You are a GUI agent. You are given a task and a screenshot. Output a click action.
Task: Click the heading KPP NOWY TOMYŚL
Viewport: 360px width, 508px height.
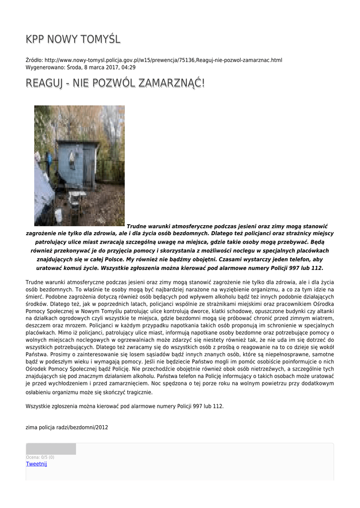pos(73,39)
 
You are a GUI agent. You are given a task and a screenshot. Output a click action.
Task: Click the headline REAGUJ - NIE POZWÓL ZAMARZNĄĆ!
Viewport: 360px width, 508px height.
pos(115,83)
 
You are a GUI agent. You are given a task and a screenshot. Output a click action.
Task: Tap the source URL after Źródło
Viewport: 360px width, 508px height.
pos(163,60)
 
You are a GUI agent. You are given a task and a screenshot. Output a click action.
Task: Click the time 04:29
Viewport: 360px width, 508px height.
pos(128,67)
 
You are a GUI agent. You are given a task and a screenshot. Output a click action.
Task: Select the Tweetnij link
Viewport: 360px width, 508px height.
pos(36,464)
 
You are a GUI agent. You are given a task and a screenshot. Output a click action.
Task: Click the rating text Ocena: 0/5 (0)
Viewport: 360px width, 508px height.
pos(40,457)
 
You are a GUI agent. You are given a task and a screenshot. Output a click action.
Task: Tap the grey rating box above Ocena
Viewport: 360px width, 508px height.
pos(51,449)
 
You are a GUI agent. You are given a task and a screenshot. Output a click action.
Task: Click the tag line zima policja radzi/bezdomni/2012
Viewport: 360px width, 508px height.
pos(67,427)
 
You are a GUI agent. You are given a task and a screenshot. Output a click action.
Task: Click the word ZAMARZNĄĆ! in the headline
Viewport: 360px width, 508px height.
pos(170,83)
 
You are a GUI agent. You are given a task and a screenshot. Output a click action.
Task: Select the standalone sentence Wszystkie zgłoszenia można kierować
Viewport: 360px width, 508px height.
pos(124,406)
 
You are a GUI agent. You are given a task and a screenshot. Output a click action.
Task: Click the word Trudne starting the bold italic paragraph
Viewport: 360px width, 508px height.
pos(137,226)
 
